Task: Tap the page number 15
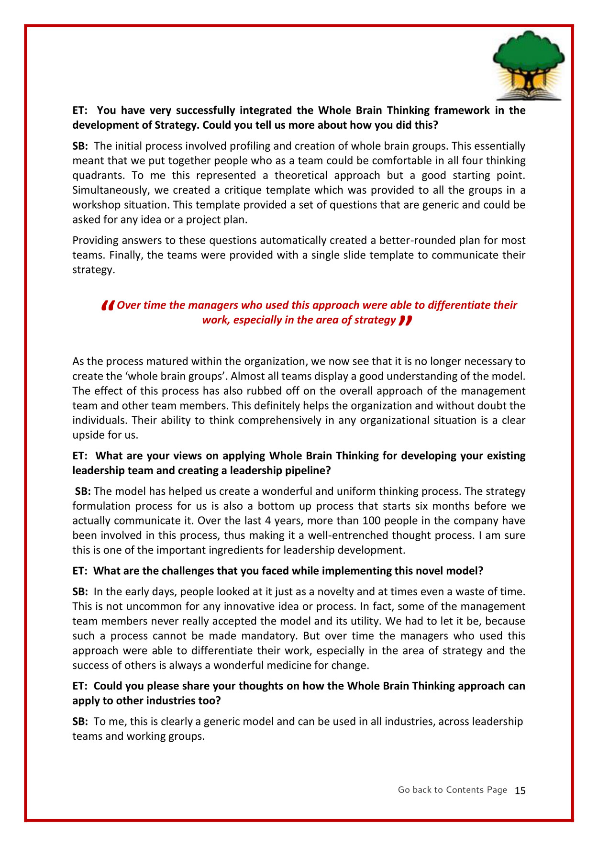point(520,790)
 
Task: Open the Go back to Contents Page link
point(452,790)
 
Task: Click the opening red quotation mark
point(108,305)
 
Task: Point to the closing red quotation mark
point(405,320)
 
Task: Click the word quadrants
point(97,175)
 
